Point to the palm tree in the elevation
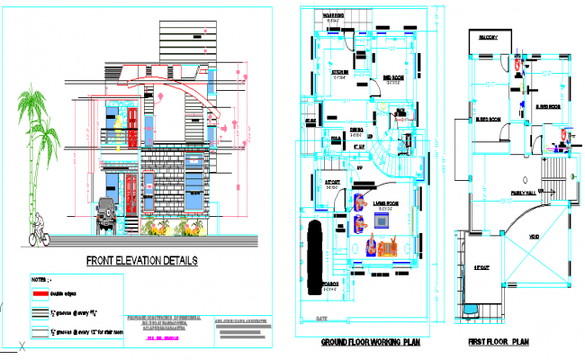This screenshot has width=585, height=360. (x=36, y=153)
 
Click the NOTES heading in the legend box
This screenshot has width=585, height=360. (x=41, y=280)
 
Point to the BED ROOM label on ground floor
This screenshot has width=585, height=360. (x=393, y=76)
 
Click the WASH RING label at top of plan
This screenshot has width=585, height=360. (x=336, y=15)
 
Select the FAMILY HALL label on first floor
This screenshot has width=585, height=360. (x=524, y=192)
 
